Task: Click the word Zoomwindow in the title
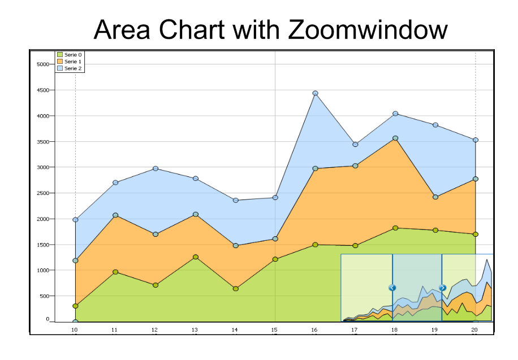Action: click(368, 29)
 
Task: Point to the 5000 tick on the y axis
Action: click(44, 64)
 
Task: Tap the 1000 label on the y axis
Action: click(44, 270)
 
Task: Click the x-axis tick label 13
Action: click(195, 329)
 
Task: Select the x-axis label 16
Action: click(314, 329)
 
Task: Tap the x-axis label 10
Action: click(74, 329)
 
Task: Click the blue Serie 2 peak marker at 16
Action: click(315, 93)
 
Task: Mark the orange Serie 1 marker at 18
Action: click(395, 138)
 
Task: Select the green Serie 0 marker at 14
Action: click(235, 289)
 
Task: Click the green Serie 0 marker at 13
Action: click(195, 257)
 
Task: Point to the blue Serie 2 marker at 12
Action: click(155, 168)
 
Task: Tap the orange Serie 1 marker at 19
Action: click(435, 197)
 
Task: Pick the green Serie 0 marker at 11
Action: click(115, 272)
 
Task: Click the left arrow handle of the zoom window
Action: click(392, 288)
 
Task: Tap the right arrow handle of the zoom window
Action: click(442, 288)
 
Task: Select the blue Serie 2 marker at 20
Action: click(476, 140)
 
